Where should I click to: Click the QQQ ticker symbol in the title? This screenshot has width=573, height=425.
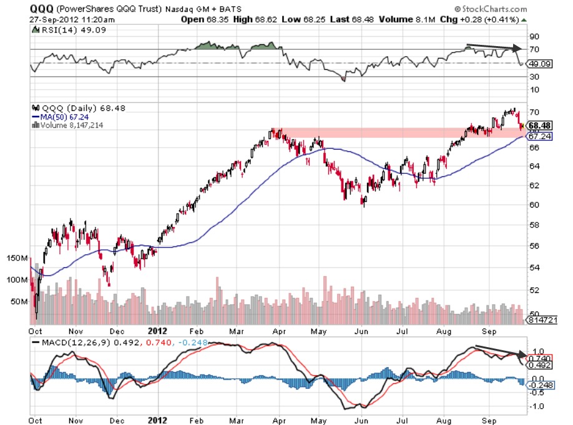point(40,9)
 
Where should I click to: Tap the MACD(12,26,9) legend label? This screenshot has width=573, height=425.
point(69,343)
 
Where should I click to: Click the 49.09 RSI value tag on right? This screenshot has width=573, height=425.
point(539,64)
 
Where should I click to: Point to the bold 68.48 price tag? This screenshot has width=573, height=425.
point(541,125)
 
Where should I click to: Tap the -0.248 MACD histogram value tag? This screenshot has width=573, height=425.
point(541,386)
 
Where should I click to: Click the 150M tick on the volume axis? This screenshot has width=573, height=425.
point(18,258)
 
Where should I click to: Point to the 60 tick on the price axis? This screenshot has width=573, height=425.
point(534,204)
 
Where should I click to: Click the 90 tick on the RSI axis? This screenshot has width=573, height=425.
point(535,36)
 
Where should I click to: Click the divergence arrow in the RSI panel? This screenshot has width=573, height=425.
point(494,47)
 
